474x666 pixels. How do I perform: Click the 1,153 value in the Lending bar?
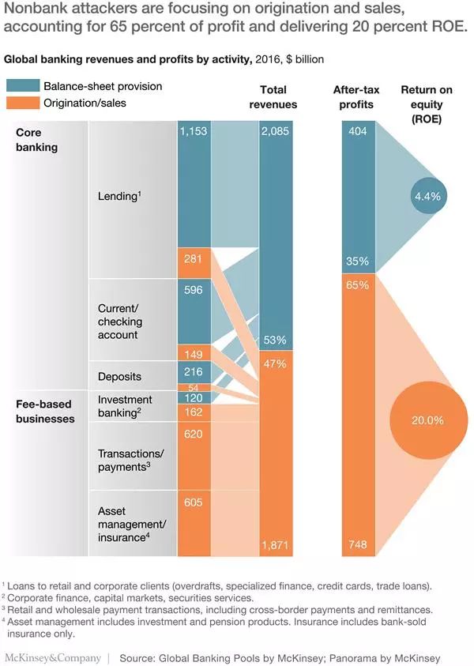point(193,131)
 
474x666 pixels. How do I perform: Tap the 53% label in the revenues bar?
point(275,341)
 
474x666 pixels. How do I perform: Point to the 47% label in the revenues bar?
point(275,363)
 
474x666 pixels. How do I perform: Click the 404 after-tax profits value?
point(357,131)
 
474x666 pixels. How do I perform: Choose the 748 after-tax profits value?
point(357,546)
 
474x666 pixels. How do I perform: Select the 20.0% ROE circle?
point(427,420)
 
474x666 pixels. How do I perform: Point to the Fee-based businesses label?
point(45,412)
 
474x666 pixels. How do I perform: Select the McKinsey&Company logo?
point(53,657)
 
